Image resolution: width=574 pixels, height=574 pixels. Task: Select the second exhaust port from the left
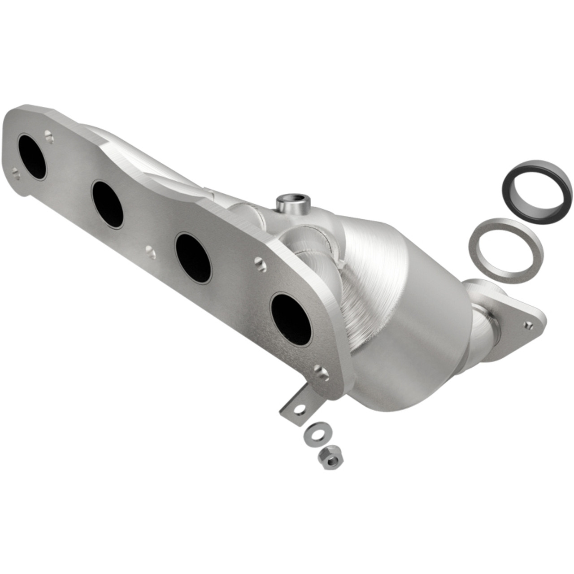[x=107, y=204]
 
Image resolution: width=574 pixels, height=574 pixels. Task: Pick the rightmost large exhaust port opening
[x=291, y=318]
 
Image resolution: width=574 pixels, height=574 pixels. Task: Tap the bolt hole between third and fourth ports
[x=259, y=265]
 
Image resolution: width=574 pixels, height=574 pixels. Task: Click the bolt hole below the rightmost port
[x=320, y=371]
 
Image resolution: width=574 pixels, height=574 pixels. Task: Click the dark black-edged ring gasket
[x=536, y=184]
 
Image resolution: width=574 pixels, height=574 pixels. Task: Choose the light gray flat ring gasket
[x=505, y=244]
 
